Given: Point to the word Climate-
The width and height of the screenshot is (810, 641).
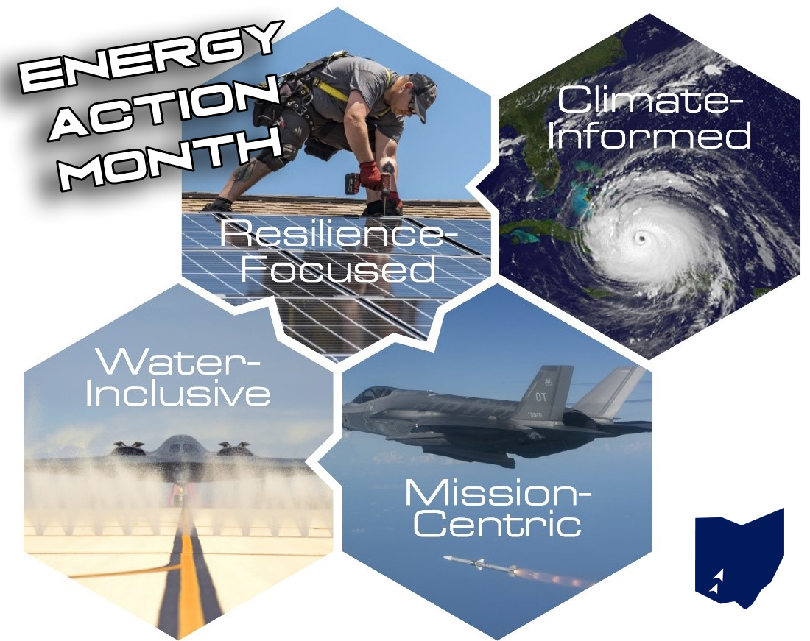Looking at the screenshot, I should pos(645,100).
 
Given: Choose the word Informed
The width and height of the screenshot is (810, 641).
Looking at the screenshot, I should pos(648,136).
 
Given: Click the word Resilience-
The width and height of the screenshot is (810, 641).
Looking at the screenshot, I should pos(339,236).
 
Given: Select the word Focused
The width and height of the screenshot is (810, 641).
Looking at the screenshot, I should pos(339,269).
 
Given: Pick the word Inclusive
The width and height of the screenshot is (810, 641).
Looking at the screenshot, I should pos(177,394).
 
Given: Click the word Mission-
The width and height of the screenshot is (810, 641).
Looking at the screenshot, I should pos(498,492).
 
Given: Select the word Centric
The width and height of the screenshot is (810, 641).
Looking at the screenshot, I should pos(498,525).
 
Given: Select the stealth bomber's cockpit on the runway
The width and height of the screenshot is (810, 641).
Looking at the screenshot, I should pos(179,445).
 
